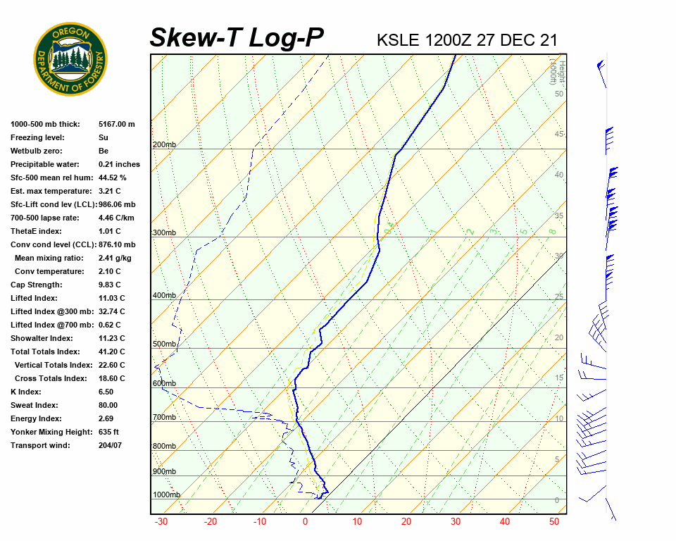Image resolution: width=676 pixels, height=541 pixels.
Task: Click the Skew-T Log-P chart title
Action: [237, 38]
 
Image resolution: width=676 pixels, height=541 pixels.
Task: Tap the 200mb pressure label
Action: [164, 145]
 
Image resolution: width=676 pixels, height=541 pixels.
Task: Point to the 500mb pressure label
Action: [164, 344]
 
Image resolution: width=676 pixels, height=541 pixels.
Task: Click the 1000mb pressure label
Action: [166, 495]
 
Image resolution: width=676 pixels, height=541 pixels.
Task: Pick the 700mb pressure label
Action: [164, 418]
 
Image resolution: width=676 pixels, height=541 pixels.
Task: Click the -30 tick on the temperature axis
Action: [161, 522]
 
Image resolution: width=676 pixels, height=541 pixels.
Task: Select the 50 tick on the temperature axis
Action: [554, 522]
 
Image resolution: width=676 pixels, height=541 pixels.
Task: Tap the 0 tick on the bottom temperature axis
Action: [305, 522]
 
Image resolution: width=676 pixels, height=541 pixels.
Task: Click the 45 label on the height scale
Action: [559, 135]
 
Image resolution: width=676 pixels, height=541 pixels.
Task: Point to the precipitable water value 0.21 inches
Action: [119, 164]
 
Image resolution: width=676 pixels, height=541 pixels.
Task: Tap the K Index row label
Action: [26, 392]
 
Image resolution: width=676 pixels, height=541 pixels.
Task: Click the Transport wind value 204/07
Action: [111, 445]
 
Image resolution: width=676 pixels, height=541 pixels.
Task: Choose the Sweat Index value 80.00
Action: [108, 405]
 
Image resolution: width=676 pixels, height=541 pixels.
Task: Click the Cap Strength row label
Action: [37, 285]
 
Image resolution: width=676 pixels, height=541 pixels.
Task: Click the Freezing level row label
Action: [37, 137]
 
